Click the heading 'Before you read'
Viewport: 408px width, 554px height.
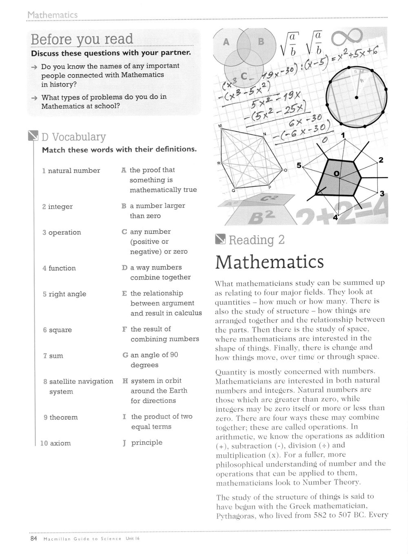coord(82,39)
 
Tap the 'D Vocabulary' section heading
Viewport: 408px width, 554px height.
coord(73,137)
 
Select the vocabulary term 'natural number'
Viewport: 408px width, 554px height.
coord(74,171)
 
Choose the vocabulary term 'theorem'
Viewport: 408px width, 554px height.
coord(63,417)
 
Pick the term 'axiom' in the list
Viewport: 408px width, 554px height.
coord(60,443)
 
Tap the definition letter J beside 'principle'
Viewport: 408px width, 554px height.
coord(124,443)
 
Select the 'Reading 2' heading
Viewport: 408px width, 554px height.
coord(256,240)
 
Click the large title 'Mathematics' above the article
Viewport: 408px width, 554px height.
coord(269,262)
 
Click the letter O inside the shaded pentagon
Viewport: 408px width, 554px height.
coord(336,174)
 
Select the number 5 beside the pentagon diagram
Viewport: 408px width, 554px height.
coord(299,165)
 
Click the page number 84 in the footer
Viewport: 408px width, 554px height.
coord(33,538)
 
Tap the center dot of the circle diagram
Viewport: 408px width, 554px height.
coord(357,98)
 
